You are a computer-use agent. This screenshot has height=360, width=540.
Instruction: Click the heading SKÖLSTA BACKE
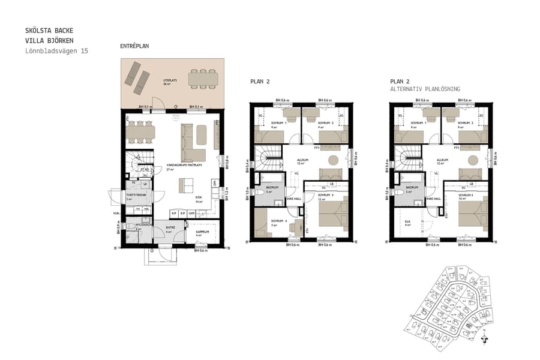pyautogui.click(x=50, y=30)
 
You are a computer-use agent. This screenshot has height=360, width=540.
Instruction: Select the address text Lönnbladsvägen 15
pyautogui.click(x=56, y=52)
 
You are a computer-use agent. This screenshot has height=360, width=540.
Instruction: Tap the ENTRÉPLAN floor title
pyautogui.click(x=134, y=46)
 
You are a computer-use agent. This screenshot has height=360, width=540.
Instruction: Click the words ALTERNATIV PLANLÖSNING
pyautogui.click(x=425, y=89)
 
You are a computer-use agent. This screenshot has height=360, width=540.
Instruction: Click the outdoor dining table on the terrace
pyautogui.click(x=203, y=79)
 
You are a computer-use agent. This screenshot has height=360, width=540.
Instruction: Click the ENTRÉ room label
pyautogui.click(x=170, y=227)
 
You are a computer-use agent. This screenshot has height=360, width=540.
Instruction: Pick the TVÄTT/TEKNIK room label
pyautogui.click(x=133, y=194)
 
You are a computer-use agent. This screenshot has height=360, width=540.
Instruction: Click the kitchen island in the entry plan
pyautogui.click(x=185, y=182)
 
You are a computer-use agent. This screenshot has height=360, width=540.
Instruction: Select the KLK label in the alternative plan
pyautogui.click(x=407, y=221)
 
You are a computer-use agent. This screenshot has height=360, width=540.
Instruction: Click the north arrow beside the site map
pyautogui.click(x=484, y=337)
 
